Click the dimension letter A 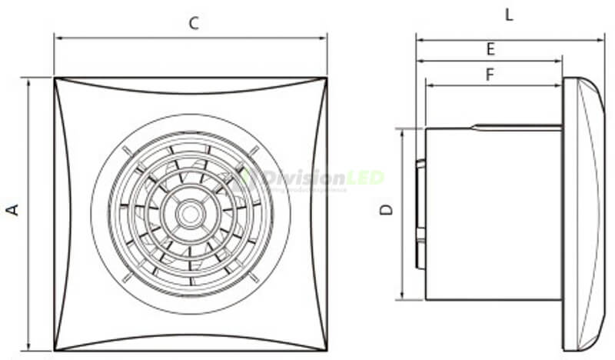[13, 209]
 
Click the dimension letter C [194, 23]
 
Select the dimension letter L [509, 15]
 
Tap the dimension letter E [490, 49]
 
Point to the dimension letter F [490, 75]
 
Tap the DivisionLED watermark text [323, 178]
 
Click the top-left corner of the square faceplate [55, 78]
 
